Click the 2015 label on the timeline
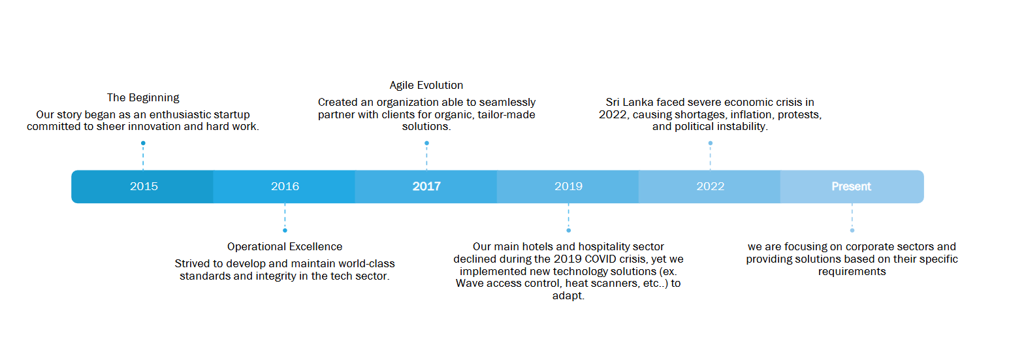(x=144, y=186)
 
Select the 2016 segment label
(x=285, y=186)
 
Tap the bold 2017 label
(x=426, y=186)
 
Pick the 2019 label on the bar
(x=568, y=186)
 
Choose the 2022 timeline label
(x=711, y=186)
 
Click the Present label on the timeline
(x=852, y=186)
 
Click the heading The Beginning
(x=143, y=98)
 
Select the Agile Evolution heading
(x=426, y=85)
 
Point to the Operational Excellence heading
(x=285, y=247)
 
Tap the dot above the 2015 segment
(x=143, y=143)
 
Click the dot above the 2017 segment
(x=426, y=143)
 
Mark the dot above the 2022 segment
(x=711, y=143)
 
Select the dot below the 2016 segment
(x=285, y=231)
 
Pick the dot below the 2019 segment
(x=568, y=231)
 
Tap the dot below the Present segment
(x=852, y=231)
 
